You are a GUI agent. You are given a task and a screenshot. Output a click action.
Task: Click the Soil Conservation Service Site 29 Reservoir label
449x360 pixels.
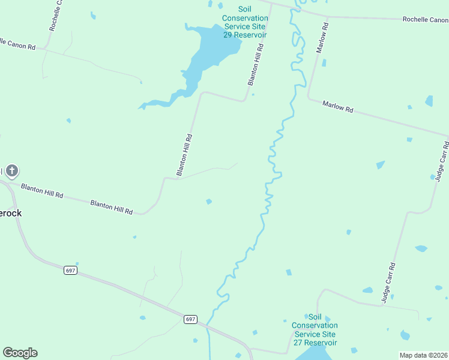tap(245, 22)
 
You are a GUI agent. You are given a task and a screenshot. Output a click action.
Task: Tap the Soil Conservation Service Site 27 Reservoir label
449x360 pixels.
tap(315, 329)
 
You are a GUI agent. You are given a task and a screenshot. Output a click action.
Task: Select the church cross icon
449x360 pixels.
tap(12, 171)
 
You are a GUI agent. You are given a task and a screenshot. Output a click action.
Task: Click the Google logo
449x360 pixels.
tap(20, 353)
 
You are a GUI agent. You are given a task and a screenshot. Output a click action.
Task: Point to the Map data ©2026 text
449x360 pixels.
tap(423, 355)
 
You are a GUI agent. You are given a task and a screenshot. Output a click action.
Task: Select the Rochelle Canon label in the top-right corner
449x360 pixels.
tap(425, 19)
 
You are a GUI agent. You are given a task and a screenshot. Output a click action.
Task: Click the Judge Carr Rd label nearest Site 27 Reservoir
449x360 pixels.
tap(389, 281)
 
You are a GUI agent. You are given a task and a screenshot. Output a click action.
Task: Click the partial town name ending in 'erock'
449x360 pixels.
tap(11, 213)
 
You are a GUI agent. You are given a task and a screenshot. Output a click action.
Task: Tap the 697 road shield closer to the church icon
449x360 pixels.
tap(70, 271)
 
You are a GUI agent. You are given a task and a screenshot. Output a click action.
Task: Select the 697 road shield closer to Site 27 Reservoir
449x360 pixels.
tap(190, 319)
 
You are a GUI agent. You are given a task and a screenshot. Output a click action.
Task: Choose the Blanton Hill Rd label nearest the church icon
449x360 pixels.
tap(42, 191)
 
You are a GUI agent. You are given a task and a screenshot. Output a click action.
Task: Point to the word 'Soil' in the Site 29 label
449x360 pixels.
tap(245, 10)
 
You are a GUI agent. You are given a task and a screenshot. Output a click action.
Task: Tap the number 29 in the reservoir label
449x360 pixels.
tap(228, 35)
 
